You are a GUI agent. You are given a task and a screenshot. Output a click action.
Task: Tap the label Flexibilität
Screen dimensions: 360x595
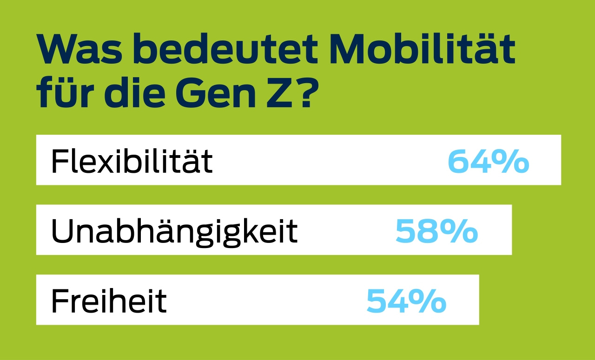132,161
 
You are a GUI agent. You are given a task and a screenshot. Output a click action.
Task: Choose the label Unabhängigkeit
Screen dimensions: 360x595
174,231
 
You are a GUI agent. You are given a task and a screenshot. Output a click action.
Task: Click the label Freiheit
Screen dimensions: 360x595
108,300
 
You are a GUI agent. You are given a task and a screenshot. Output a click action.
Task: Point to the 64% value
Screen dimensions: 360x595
488,161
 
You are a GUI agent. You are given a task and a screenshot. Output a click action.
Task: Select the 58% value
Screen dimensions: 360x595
436,231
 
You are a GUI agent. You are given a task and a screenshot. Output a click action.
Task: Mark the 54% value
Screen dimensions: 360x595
406,301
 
